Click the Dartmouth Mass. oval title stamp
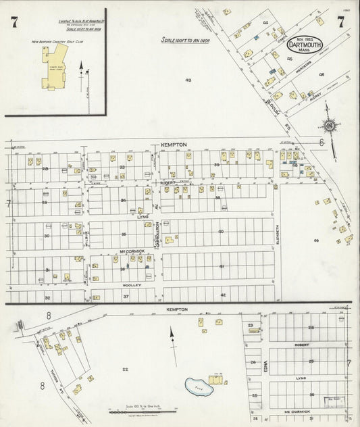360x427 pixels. coord(305,45)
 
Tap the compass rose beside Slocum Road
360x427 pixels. coord(330,125)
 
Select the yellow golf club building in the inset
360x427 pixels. coord(55,70)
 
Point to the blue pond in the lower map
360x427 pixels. coord(198,386)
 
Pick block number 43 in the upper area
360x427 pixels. coord(188,80)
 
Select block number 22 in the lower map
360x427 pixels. coord(125,369)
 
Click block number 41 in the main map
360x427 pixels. coord(221,266)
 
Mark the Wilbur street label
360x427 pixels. coord(86,237)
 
